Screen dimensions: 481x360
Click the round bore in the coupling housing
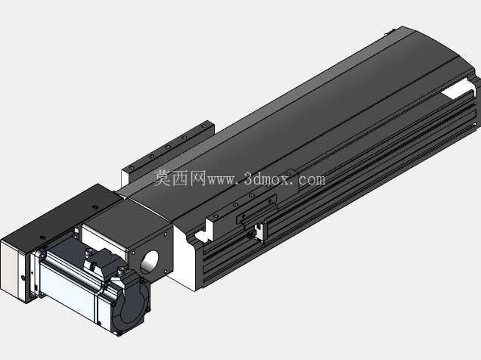coord(150,262)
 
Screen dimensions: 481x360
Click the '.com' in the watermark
coord(309,179)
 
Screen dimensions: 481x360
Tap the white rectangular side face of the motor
coord(67,289)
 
